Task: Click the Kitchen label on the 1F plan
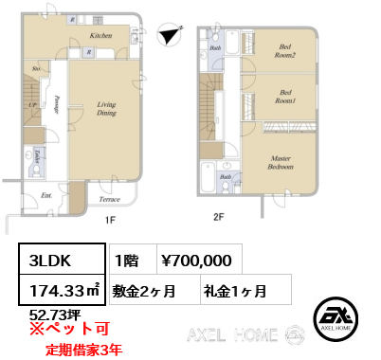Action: pos(101,35)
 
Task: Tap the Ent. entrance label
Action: pos(46,196)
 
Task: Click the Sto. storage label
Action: pos(36,68)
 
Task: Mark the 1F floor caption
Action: pos(110,219)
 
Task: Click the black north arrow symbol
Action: pos(169,34)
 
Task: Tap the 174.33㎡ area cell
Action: pos(59,289)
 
